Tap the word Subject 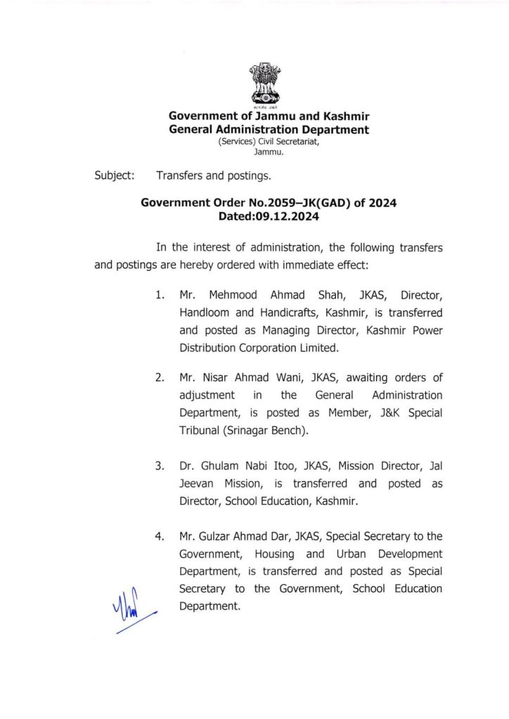[x=114, y=175]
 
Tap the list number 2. [x=160, y=378]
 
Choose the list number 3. [x=160, y=466]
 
